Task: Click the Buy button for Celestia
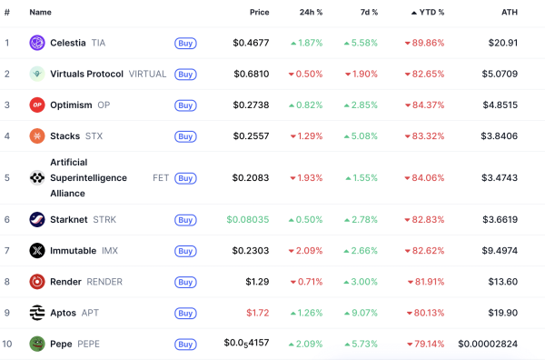(185, 43)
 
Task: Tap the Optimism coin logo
(37, 105)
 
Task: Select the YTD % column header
(428, 12)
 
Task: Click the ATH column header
(510, 12)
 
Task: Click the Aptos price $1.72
(259, 313)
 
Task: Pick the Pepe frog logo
(37, 344)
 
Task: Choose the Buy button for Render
(185, 282)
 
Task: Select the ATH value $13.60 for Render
(502, 282)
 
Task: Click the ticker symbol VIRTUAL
(147, 74)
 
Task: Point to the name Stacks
(64, 136)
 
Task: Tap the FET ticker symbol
(161, 178)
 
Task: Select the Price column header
(260, 12)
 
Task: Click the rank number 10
(7, 344)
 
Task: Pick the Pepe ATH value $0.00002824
(488, 344)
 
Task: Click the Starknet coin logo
(37, 219)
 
